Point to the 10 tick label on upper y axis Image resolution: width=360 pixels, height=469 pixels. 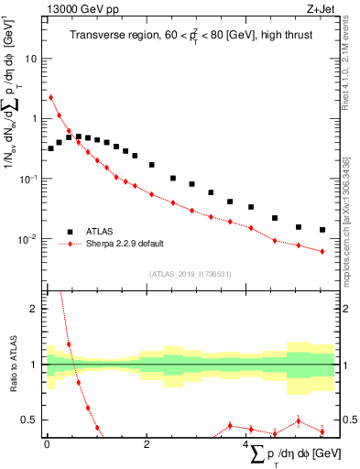pyautogui.click(x=30, y=58)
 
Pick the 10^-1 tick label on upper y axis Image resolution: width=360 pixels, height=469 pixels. pyautogui.click(x=28, y=179)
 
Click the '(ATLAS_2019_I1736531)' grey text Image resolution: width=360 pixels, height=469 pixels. pyautogui.click(x=190, y=273)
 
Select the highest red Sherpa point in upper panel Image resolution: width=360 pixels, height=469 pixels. pyautogui.click(x=50, y=97)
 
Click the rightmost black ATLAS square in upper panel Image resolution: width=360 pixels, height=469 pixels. pyautogui.click(x=322, y=230)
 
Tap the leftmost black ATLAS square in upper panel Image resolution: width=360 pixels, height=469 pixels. pyautogui.click(x=50, y=147)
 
